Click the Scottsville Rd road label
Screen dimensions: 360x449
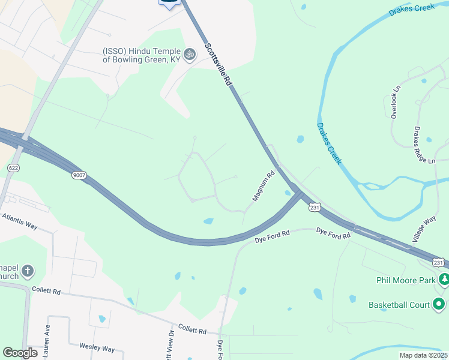[218, 66]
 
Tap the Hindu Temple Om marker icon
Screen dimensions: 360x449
[190, 54]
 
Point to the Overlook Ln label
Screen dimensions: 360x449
[394, 101]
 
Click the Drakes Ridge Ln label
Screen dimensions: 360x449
[424, 145]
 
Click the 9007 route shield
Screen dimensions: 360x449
[78, 175]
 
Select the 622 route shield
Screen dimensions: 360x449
[13, 168]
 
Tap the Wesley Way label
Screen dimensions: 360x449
[97, 347]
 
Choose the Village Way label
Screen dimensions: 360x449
[424, 230]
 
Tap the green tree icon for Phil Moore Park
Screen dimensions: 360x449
[444, 279]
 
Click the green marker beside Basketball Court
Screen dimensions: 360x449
[439, 305]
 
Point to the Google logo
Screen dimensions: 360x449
[20, 353]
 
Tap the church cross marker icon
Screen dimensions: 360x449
[27, 272]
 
